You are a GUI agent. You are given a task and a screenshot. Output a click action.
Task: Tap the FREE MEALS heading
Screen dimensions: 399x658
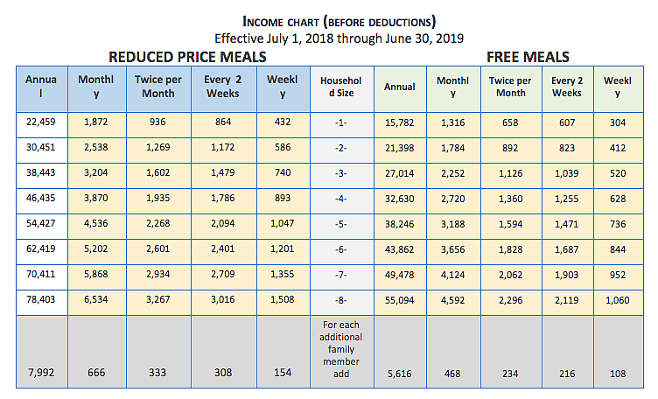[x=528, y=57]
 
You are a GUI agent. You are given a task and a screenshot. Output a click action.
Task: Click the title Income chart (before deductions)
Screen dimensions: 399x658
[x=339, y=20]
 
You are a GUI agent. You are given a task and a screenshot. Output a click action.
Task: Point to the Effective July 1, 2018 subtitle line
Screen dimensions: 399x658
[x=339, y=38]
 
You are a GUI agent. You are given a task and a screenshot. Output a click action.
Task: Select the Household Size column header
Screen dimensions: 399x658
[x=341, y=87]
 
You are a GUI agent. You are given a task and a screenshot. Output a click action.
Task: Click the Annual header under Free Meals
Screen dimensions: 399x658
[x=400, y=87]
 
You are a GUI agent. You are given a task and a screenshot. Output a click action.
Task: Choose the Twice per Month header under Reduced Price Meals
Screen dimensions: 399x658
[x=158, y=87]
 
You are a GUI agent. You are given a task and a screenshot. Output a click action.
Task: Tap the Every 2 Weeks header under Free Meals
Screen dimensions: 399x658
[x=566, y=87]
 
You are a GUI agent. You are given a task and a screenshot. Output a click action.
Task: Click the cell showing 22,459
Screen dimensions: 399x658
[x=40, y=122]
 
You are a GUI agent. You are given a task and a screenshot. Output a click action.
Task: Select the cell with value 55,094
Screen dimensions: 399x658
[x=400, y=298]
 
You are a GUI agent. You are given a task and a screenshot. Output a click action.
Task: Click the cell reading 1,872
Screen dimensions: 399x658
[x=96, y=122]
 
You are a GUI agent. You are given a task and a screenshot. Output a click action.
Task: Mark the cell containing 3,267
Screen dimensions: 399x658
[x=158, y=298]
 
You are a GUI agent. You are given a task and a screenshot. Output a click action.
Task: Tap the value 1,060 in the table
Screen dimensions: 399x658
[x=617, y=298]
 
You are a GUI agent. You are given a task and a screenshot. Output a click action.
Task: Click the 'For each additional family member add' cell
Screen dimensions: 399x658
[x=341, y=349]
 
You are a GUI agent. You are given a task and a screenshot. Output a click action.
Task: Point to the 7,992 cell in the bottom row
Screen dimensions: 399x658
[x=40, y=374]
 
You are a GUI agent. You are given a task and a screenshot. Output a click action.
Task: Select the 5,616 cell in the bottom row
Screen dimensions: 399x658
[x=400, y=374]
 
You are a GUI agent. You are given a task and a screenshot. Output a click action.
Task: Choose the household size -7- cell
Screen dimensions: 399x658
[x=341, y=273]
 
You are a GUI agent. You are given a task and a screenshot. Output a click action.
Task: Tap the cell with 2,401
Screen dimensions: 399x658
[x=223, y=248]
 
